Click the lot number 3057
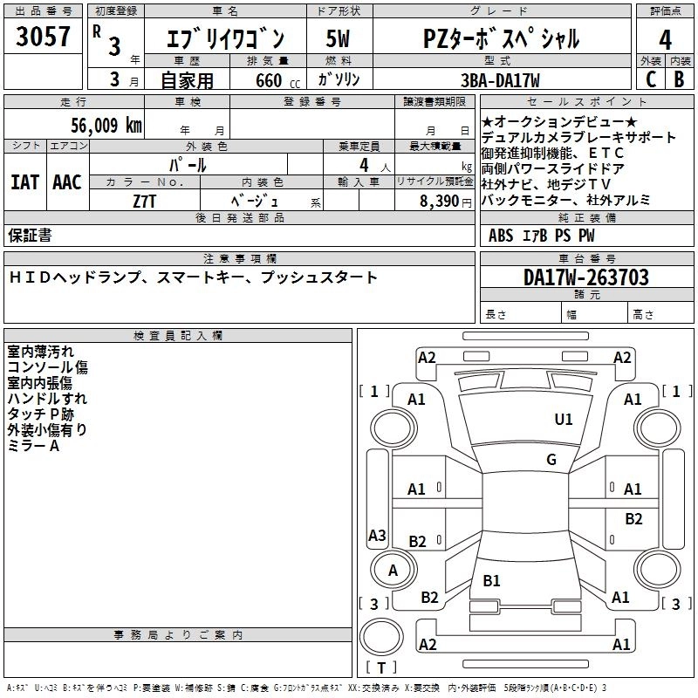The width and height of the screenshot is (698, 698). point(44,38)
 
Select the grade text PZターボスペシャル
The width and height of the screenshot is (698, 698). point(501,38)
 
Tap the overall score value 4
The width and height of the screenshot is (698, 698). point(666,39)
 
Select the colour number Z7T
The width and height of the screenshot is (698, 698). point(145,199)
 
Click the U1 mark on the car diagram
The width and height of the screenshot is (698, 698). point(564,420)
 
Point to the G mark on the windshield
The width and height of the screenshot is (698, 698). point(551,460)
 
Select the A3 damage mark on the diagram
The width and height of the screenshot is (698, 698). point(377,535)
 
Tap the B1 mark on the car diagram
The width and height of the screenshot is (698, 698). point(491,580)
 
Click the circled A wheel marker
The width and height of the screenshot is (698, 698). point(393,571)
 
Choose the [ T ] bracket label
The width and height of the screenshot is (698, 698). point(380,667)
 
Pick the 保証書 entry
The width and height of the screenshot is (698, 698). point(30,235)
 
